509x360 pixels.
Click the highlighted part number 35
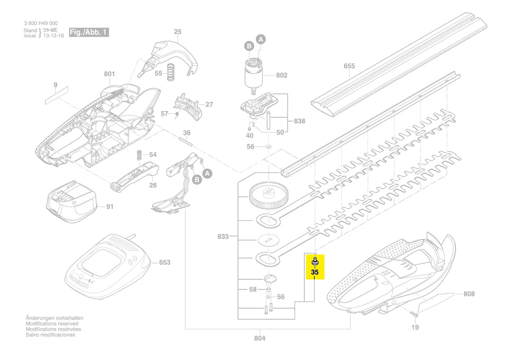point(315,273)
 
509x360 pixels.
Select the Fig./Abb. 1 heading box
point(88,33)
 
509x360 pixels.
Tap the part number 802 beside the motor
point(282,75)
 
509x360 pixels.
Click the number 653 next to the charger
point(165,262)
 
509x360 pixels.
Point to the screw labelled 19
point(414,313)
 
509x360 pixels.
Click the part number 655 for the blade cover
point(349,66)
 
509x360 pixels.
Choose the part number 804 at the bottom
point(260,338)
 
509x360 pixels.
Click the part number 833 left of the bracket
point(223,237)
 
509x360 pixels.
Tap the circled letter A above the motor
point(261,40)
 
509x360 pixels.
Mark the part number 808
point(469,294)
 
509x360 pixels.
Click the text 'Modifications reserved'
point(52,324)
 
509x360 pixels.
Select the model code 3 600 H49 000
point(41,24)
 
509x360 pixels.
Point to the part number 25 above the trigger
point(177,32)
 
